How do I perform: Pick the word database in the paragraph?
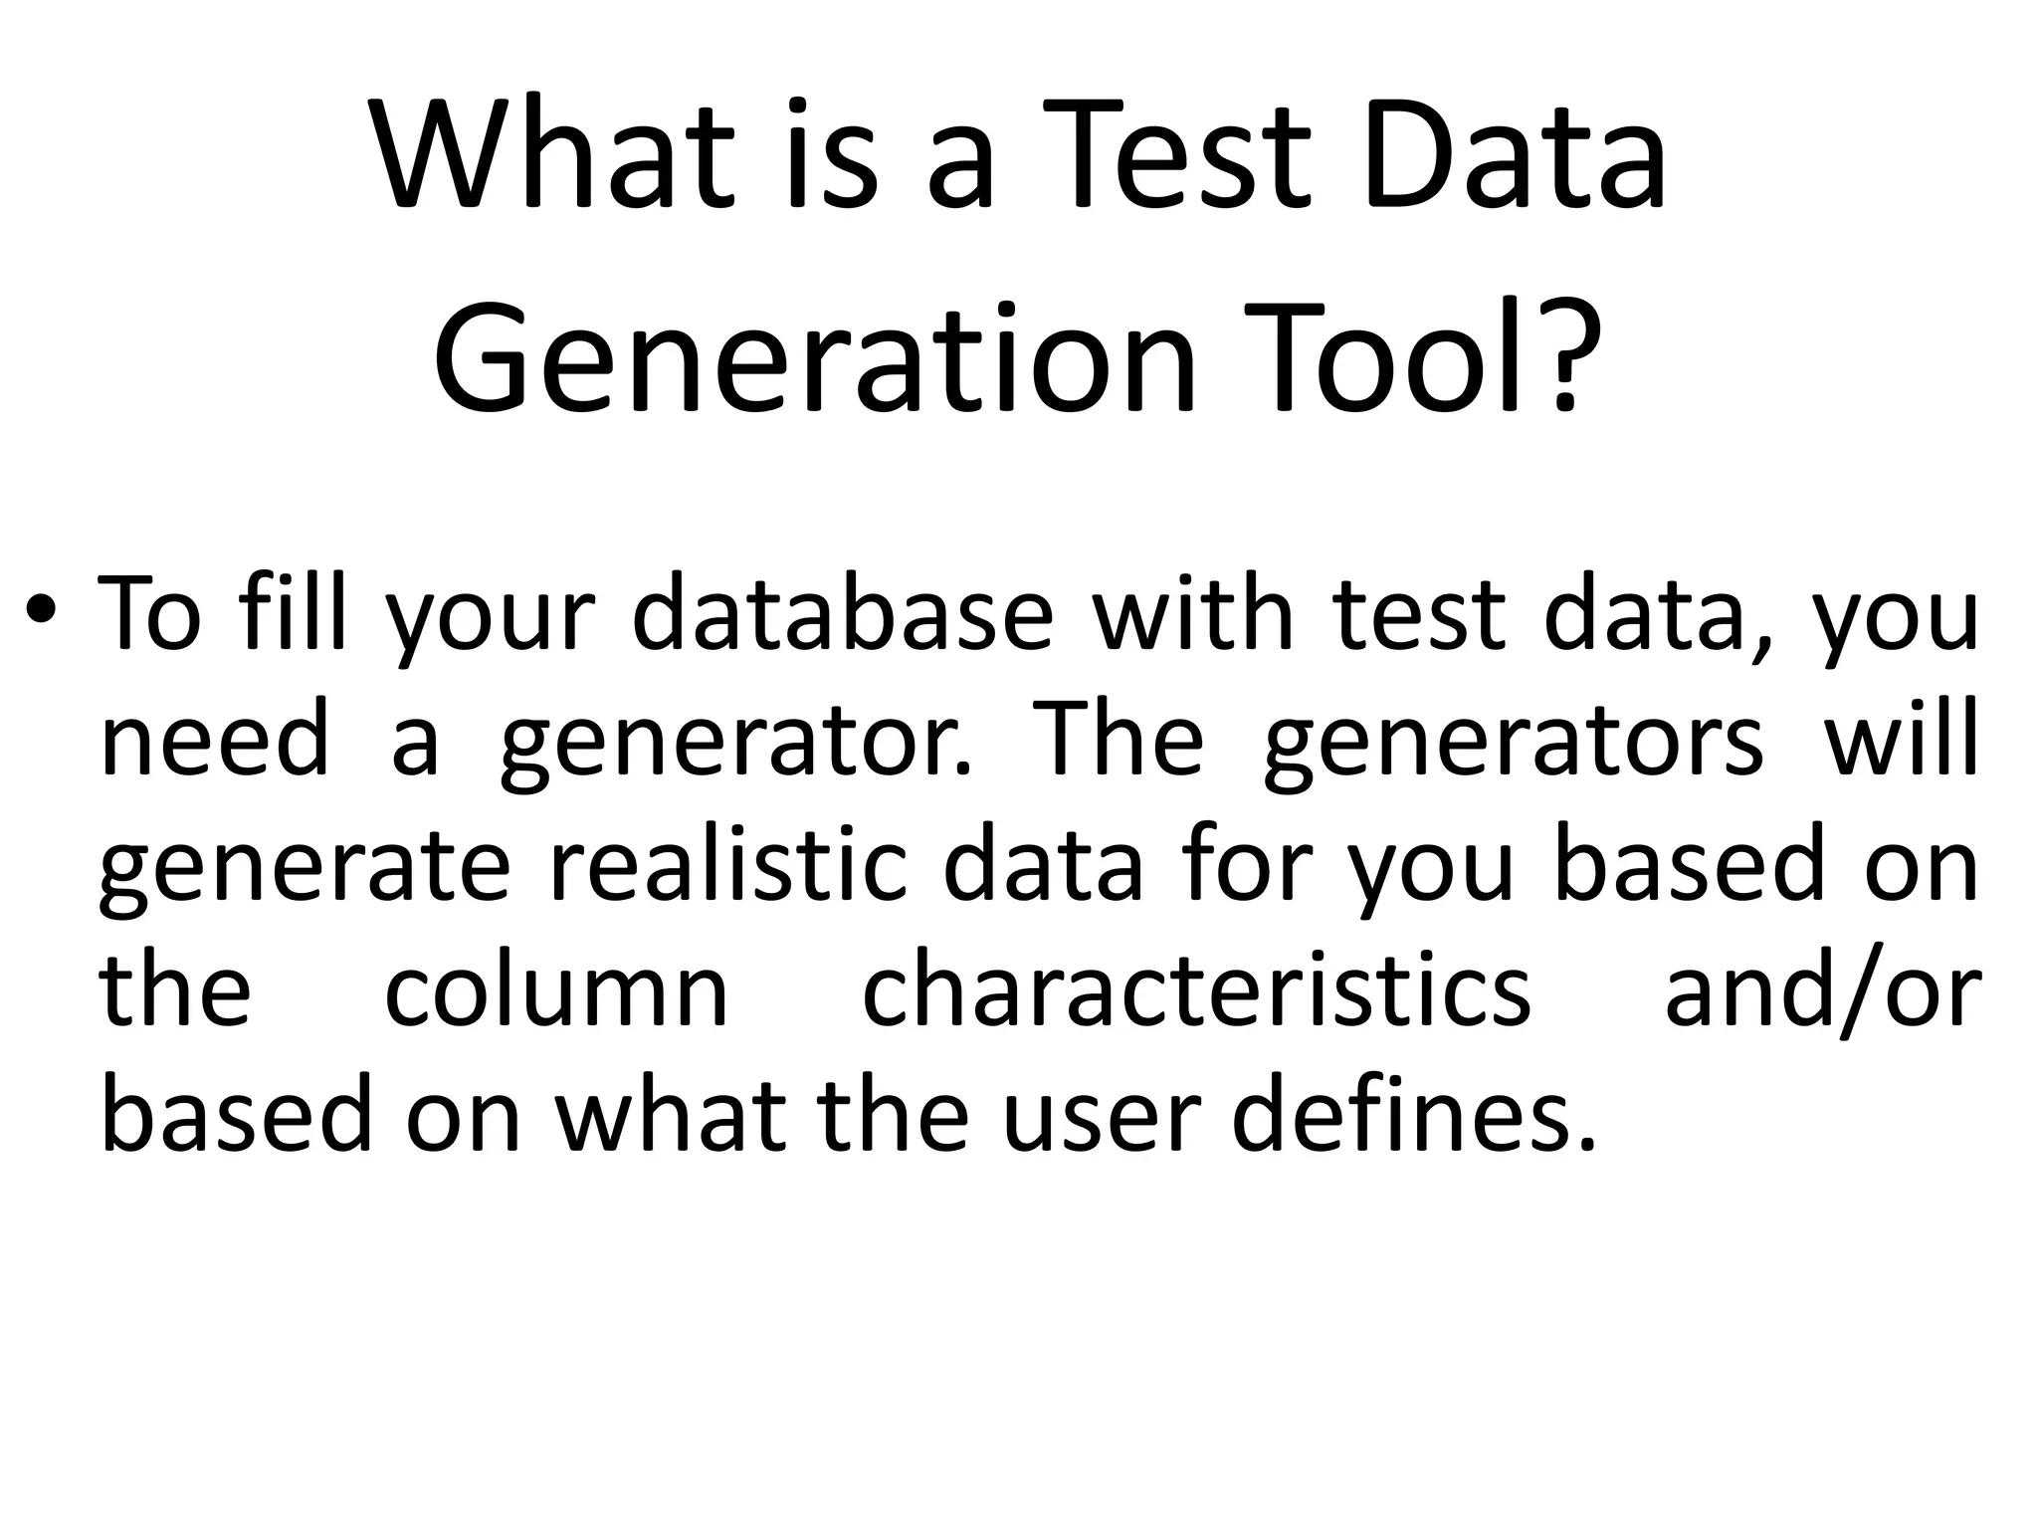point(842,614)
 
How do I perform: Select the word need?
point(214,740)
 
